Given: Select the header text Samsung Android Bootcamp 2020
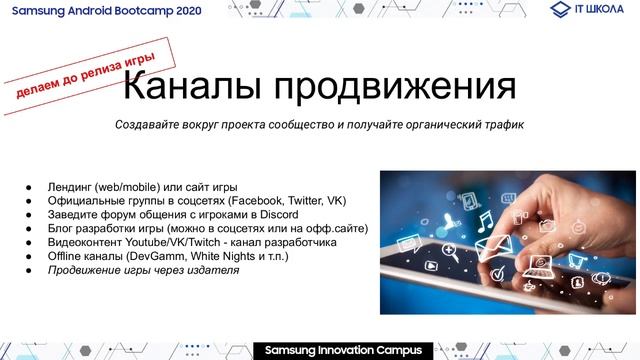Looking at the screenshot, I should (113, 9).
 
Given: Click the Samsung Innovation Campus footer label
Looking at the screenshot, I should (343, 351).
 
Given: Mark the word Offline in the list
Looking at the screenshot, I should (67, 256).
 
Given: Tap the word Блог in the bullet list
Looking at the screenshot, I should (62, 228).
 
